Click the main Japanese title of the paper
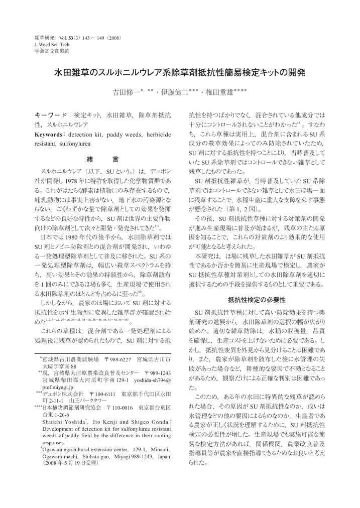179,73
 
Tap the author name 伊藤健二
169,93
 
